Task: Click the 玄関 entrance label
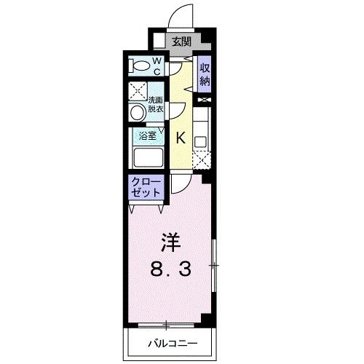coord(181,42)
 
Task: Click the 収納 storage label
coord(205,74)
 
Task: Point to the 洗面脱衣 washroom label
coord(156,105)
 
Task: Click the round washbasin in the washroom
coord(136,112)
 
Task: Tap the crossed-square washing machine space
coord(136,92)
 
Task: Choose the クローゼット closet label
coord(147,187)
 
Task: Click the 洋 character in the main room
coord(169,241)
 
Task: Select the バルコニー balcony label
coord(170,341)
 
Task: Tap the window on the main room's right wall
coord(213,266)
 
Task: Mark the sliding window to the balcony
coord(167,325)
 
